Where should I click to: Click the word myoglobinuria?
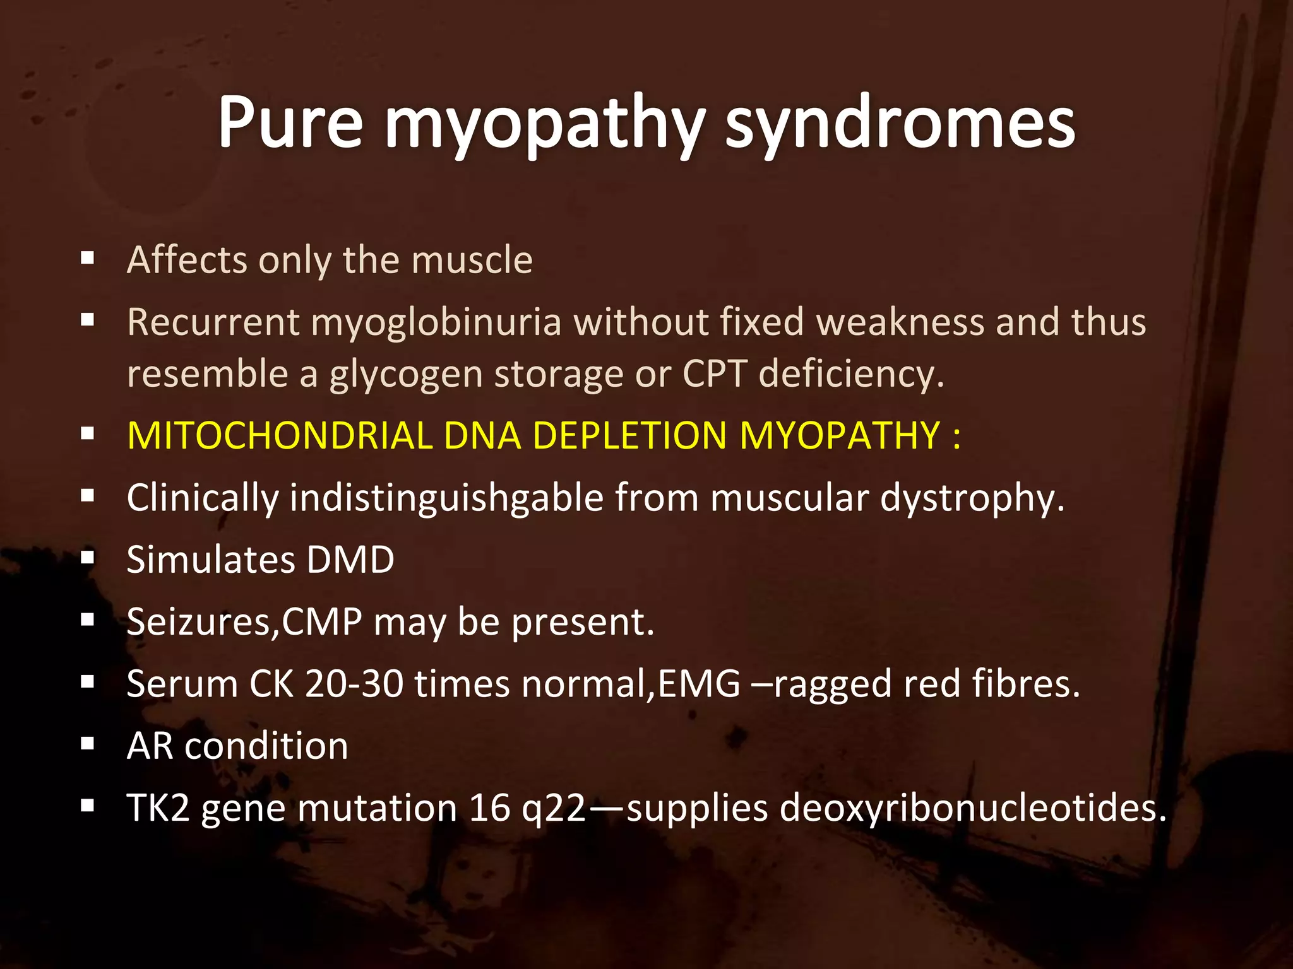pyautogui.click(x=436, y=322)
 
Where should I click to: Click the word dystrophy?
pyautogui.click(x=972, y=498)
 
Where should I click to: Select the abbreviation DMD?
pyautogui.click(x=350, y=560)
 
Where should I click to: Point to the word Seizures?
pyautogui.click(x=201, y=622)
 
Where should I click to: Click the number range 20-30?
pyautogui.click(x=354, y=684)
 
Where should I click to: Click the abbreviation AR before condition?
pyautogui.click(x=150, y=746)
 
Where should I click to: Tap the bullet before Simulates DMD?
pyautogui.click(x=88, y=558)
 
